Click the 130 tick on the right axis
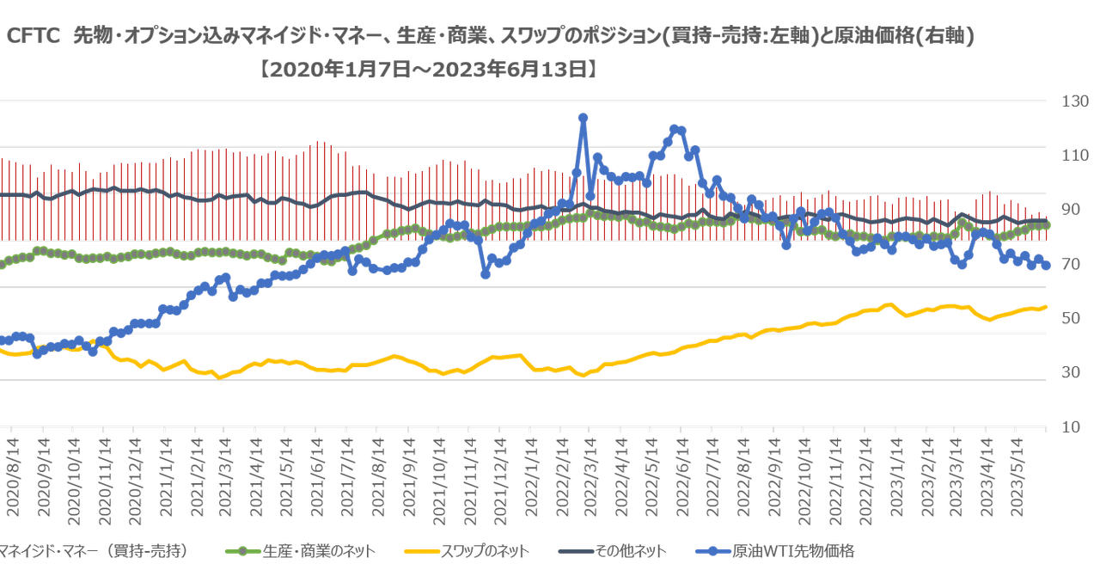pos(1074,101)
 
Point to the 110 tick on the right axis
pos(1074,156)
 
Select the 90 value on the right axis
pos(1074,210)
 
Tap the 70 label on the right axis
pos(1074,265)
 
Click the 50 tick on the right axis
pos(1074,319)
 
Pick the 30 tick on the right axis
pos(1074,373)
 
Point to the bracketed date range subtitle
pos(430,68)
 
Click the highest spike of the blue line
pos(583,115)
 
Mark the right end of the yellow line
pos(1045,306)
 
